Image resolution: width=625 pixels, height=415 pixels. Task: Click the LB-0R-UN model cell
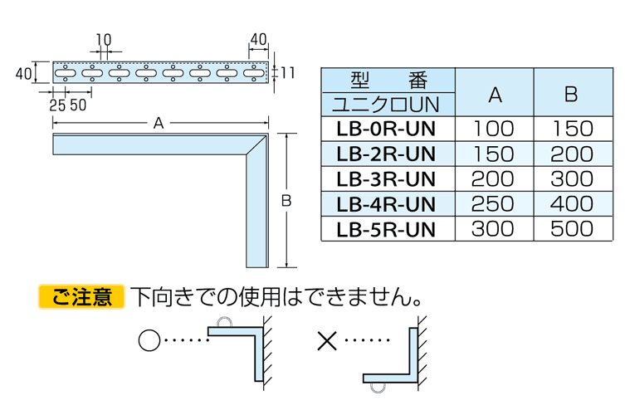click(x=386, y=129)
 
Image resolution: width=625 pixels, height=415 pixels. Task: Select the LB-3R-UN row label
click(x=386, y=179)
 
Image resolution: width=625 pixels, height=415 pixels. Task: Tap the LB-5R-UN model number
click(x=386, y=230)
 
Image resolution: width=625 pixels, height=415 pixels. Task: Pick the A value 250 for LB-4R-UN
click(x=493, y=204)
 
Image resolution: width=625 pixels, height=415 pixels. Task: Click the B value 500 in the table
click(x=572, y=229)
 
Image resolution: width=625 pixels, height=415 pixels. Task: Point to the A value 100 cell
click(x=494, y=129)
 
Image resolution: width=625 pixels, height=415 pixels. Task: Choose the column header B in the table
click(x=571, y=94)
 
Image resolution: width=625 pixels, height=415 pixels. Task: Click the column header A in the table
click(x=495, y=95)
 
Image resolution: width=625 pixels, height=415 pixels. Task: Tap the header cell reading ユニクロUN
click(x=386, y=105)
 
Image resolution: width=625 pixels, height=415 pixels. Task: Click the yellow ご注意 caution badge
click(x=81, y=296)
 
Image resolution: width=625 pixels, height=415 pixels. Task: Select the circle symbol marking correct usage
click(x=149, y=340)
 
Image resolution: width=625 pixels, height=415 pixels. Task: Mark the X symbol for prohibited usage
click(x=327, y=340)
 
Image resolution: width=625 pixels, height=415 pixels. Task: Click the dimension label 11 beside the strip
click(x=287, y=73)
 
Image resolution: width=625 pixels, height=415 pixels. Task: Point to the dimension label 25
click(x=57, y=105)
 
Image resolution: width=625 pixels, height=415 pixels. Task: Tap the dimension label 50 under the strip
click(x=78, y=105)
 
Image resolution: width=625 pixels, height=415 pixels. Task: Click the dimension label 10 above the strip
click(x=104, y=40)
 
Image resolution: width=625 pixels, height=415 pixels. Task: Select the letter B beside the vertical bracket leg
click(x=286, y=201)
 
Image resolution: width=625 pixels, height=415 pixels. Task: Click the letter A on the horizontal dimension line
click(x=159, y=123)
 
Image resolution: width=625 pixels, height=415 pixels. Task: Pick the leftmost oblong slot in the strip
click(x=65, y=73)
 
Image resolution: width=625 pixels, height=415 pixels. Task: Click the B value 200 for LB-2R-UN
click(x=572, y=154)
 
